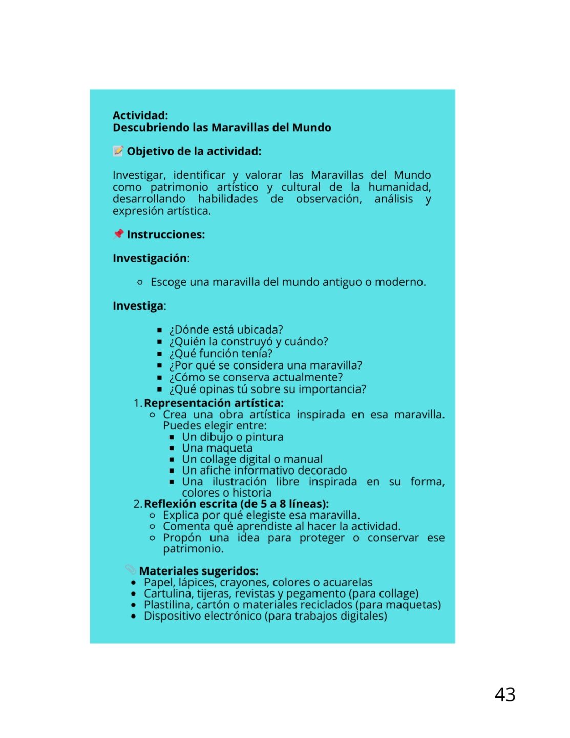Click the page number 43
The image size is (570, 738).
pos(504,694)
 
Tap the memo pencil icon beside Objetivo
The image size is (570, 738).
pos(118,151)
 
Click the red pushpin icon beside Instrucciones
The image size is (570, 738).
pos(118,234)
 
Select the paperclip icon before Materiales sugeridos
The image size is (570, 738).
pos(131,569)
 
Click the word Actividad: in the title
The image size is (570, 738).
pos(140,115)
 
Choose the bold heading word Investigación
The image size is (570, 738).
pos(150,258)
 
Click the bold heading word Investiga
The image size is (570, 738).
pos(138,306)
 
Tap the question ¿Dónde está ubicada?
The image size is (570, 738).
pos(226,330)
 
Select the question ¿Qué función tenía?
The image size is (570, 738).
pos(221,354)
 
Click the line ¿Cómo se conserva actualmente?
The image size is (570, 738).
pos(256,377)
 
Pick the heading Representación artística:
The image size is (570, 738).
pos(214,403)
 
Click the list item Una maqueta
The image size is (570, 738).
pos(217,448)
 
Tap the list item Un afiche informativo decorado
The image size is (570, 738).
pos(264,470)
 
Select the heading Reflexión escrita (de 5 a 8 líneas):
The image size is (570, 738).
pos(236,504)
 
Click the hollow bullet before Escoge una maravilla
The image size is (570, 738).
pos(140,282)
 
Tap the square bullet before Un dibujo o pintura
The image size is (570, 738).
pos(172,437)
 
